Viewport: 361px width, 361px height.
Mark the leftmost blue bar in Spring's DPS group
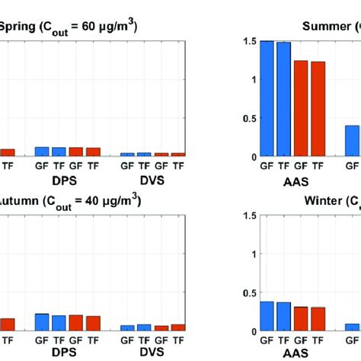41,152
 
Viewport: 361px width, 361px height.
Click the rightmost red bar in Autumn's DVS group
178,327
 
